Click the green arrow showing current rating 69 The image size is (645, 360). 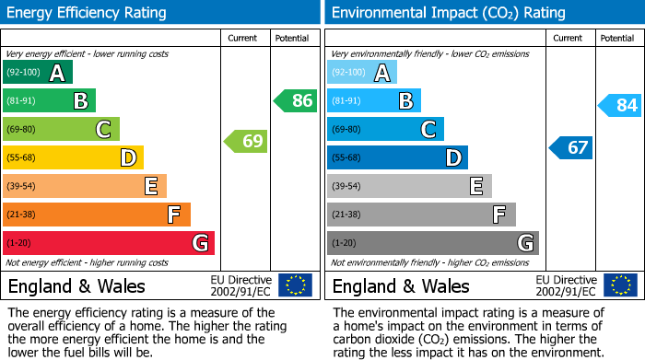click(x=246, y=142)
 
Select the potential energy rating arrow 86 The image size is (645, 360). click(x=296, y=100)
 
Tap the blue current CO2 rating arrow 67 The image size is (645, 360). click(x=570, y=147)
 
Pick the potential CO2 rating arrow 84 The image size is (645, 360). click(x=620, y=105)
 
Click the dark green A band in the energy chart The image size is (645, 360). click(x=38, y=73)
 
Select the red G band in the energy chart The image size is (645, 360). click(x=109, y=243)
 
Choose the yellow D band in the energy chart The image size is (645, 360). click(x=74, y=157)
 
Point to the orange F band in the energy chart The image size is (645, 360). click(x=97, y=215)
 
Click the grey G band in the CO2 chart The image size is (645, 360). click(x=432, y=243)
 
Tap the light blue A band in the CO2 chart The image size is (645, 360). click(x=362, y=73)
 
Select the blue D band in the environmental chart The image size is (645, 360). click(x=397, y=157)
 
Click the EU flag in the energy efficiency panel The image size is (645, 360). click(x=295, y=285)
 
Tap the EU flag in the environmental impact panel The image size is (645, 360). click(x=619, y=285)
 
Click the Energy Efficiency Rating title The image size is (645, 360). click(x=88, y=13)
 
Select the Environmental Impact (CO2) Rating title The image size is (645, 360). click(x=448, y=13)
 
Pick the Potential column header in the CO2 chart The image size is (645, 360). click(x=617, y=38)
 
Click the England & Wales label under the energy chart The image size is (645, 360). click(x=76, y=285)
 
